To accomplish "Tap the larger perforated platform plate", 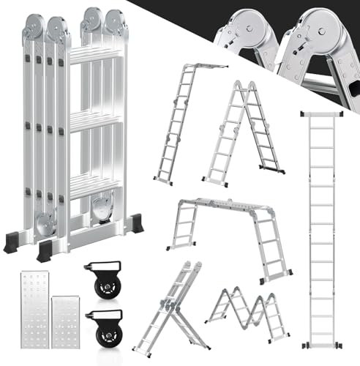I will tap(31, 308).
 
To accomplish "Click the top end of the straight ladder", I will tap(320, 113).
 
